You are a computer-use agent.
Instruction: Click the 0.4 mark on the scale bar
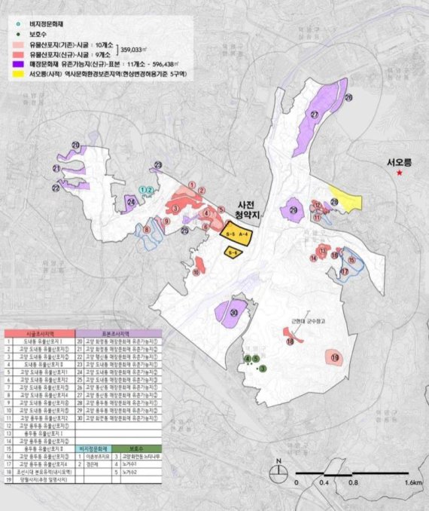click(x=324, y=482)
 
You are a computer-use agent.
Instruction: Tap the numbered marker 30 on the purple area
click(x=234, y=313)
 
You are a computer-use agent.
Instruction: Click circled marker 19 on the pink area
click(x=335, y=357)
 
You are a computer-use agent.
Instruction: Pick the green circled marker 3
click(x=263, y=369)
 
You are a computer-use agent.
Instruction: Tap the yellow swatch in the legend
click(x=17, y=75)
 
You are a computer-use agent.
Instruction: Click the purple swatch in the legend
click(x=17, y=65)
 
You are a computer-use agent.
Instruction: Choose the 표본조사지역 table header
click(x=114, y=332)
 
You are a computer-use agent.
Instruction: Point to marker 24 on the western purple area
click(x=131, y=202)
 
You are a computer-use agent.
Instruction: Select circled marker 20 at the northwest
click(x=75, y=145)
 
